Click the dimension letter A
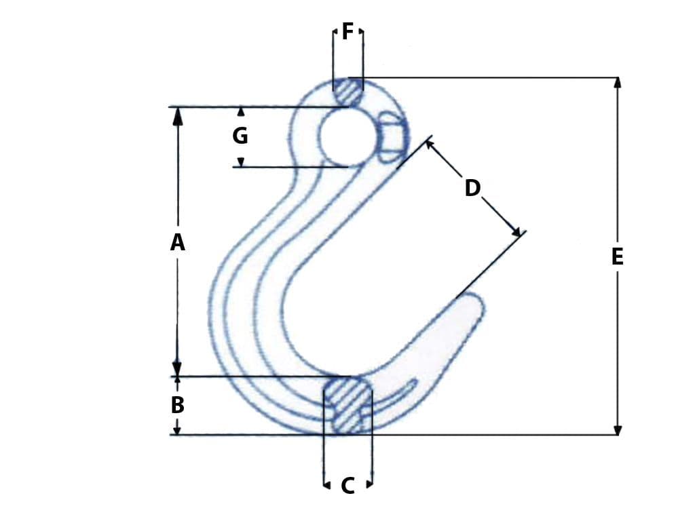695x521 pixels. click(177, 242)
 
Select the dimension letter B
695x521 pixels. click(177, 405)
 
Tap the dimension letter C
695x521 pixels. click(347, 486)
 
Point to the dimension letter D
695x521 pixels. click(472, 188)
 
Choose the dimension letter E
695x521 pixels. click(617, 256)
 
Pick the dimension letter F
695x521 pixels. click(347, 31)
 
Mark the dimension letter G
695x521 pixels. click(240, 136)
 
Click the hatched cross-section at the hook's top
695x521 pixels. click(348, 92)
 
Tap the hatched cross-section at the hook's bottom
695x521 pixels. click(348, 406)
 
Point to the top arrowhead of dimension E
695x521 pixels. click(617, 82)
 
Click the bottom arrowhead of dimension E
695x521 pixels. click(617, 430)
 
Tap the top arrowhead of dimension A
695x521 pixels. click(178, 115)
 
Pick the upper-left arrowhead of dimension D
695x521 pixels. click(430, 144)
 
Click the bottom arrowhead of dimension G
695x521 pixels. click(240, 162)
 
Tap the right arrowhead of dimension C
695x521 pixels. click(369, 484)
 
